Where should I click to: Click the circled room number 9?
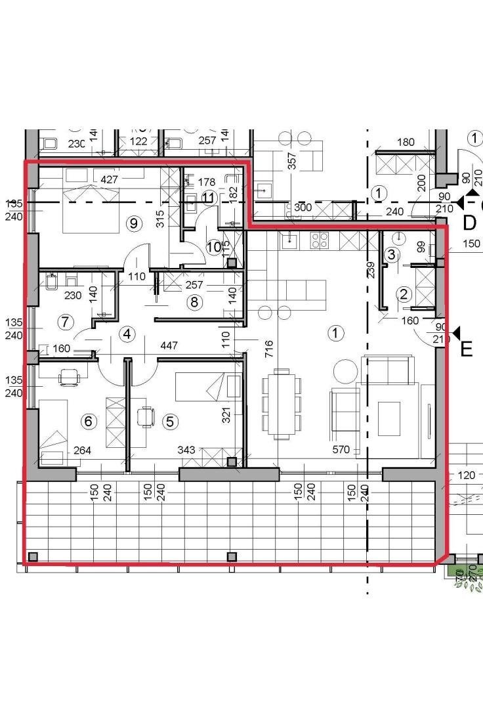point(134,223)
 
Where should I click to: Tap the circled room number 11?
point(209,197)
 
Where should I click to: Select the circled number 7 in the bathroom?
point(64,322)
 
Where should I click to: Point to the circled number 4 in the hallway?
point(127,334)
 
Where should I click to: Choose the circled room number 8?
point(193,302)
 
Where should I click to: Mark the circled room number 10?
point(214,247)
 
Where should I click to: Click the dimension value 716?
point(268,349)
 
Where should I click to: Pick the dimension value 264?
point(82,450)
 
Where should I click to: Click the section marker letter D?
point(469,223)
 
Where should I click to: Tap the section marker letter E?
point(467,349)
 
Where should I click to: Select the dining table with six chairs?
point(281,404)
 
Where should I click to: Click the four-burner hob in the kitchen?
point(319,240)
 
